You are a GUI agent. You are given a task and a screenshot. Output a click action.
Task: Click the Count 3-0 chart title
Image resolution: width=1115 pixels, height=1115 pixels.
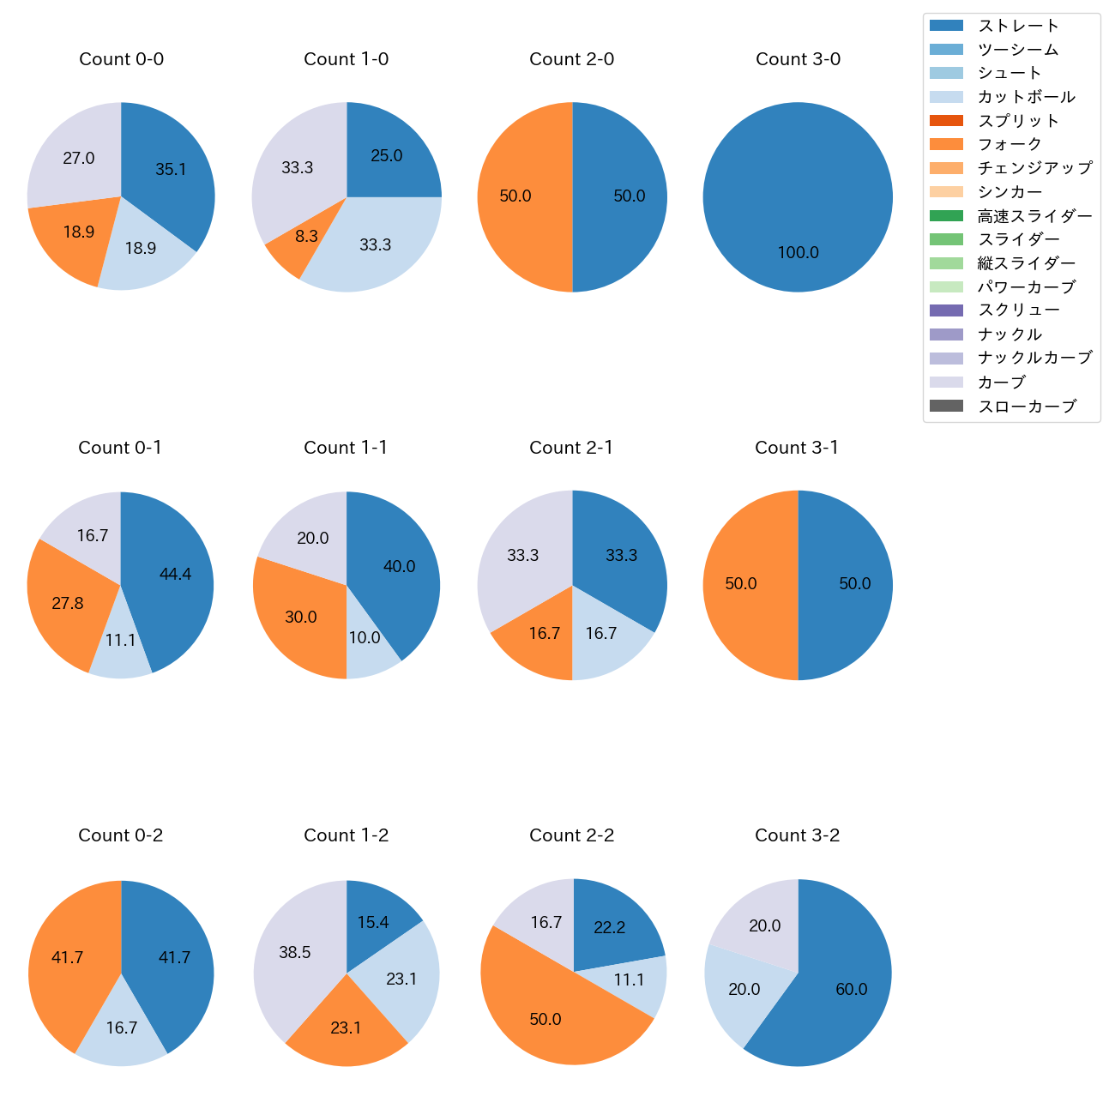coord(798,59)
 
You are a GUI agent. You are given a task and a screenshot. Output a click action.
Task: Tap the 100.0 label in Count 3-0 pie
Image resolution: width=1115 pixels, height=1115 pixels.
coord(798,253)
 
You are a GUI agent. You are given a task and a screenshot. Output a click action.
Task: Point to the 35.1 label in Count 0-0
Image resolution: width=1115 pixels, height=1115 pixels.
coord(171,170)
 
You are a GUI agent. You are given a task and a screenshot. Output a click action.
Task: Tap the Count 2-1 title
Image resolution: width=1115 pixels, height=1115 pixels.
coord(571,448)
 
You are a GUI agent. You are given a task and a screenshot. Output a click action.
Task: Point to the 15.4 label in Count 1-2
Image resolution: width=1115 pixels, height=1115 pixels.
coord(373,923)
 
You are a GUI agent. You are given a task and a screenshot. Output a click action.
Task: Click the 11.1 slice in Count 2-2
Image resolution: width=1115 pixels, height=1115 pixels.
coord(635,982)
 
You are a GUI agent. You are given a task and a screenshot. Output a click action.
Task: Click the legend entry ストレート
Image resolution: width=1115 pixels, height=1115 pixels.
coord(1018,26)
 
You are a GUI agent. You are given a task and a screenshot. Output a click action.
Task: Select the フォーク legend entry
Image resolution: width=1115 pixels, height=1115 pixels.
coord(1010,144)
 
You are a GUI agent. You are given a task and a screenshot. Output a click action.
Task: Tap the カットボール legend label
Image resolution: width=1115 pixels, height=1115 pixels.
coord(1026,97)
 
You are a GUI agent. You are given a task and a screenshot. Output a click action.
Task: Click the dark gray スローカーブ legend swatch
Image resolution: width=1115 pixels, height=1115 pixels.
coord(946,407)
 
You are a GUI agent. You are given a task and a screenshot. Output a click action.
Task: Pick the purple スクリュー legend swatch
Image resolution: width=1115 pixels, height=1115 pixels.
coord(946,310)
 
